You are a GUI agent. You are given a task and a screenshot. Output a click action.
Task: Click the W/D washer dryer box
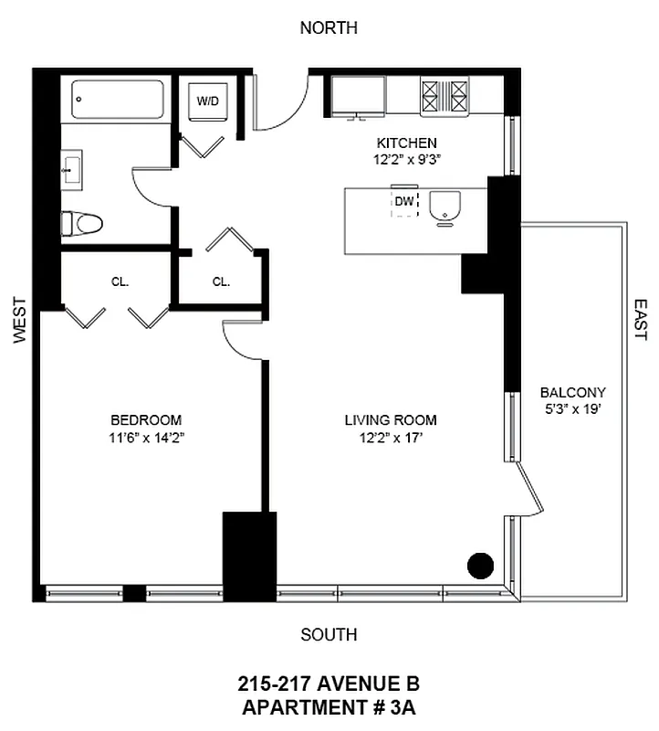[207, 101]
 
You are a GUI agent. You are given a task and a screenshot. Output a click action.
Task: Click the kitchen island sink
[445, 207]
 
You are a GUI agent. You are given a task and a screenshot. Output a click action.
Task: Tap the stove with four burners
[444, 95]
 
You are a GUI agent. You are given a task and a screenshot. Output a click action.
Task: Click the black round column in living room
[480, 566]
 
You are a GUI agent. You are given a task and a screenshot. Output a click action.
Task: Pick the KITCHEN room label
[407, 143]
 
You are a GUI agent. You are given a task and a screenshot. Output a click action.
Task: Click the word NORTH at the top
[329, 28]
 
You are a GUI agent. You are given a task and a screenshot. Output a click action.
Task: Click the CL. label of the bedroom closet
[120, 282]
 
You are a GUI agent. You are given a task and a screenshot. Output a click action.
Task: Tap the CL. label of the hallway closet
[221, 282]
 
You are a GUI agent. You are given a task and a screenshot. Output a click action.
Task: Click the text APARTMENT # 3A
[329, 706]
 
